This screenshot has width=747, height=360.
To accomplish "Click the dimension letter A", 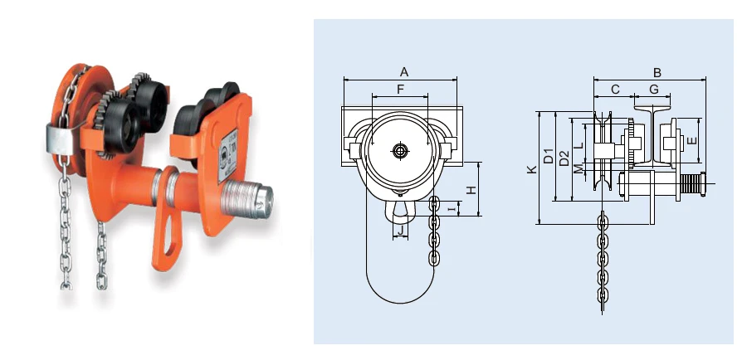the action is pyautogui.click(x=404, y=72).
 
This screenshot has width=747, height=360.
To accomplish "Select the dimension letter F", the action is pyautogui.click(x=400, y=89).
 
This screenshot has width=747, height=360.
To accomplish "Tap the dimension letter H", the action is pyautogui.click(x=471, y=190).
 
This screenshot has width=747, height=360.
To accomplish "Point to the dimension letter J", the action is pyautogui.click(x=401, y=231).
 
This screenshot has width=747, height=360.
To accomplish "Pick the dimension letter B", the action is pyautogui.click(x=657, y=73).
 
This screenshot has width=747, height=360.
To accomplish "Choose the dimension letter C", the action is pyautogui.click(x=615, y=89).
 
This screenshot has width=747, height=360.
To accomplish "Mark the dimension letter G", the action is pyautogui.click(x=654, y=89).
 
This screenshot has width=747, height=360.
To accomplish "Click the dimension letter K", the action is pyautogui.click(x=532, y=169).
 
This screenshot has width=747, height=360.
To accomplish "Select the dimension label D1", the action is pyautogui.click(x=549, y=156).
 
